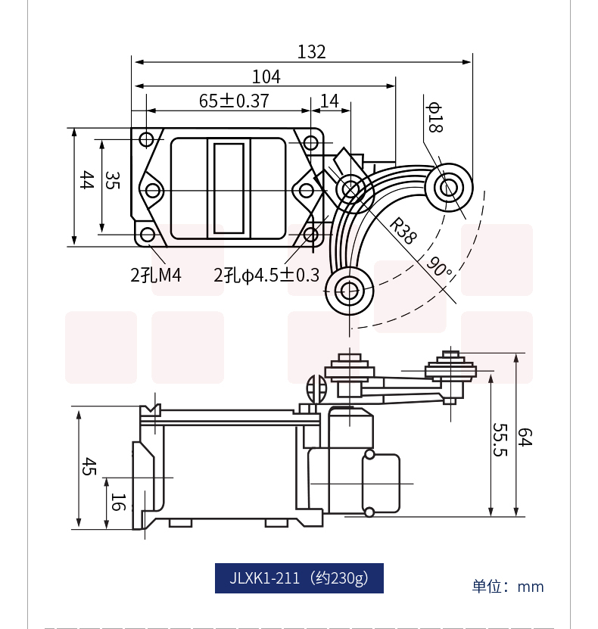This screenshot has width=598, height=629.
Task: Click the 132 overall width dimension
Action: click(311, 51)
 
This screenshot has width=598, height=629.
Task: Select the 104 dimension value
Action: click(266, 76)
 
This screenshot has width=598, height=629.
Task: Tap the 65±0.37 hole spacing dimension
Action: click(234, 101)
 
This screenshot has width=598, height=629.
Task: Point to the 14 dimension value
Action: click(330, 101)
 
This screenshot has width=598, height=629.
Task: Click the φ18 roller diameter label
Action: click(434, 117)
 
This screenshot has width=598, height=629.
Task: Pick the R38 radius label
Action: click(403, 231)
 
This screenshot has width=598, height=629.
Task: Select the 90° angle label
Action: click(439, 266)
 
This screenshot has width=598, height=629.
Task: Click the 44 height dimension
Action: click(87, 179)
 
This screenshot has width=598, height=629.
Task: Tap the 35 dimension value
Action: click(112, 180)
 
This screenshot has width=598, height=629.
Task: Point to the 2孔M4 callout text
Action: click(156, 276)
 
